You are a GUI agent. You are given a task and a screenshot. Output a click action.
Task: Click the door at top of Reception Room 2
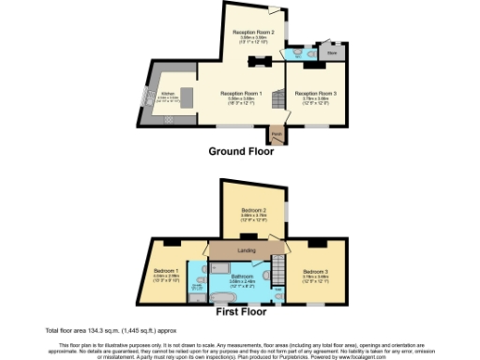tap(275, 13)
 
